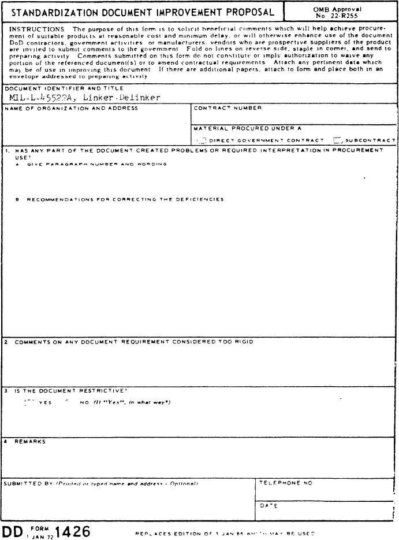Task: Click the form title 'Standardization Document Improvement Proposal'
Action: [x=142, y=12]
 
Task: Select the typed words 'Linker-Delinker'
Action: [x=121, y=98]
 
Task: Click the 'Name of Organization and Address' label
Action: [x=71, y=108]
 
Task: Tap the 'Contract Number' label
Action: [x=228, y=108]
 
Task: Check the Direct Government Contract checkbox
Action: [x=202, y=140]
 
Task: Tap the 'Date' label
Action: [x=269, y=506]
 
